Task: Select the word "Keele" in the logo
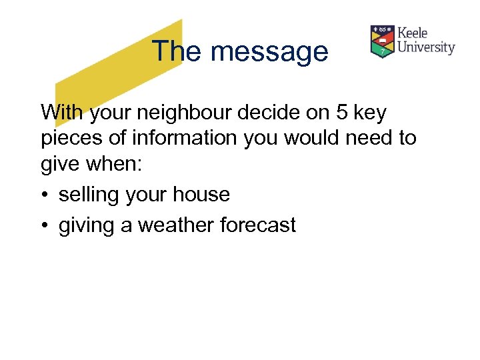coord(413,33)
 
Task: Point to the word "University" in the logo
coord(426,47)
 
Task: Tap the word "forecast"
coord(261,225)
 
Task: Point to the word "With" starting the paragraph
coord(61,113)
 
